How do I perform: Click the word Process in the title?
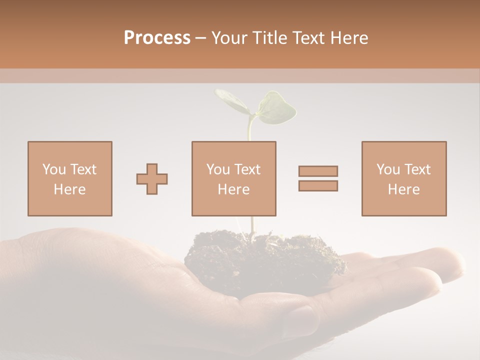click(x=157, y=38)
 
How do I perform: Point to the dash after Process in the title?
click(x=200, y=38)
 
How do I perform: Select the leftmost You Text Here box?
click(x=70, y=178)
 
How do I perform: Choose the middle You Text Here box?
click(x=233, y=178)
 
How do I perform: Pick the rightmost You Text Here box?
click(x=403, y=178)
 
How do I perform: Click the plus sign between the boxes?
click(x=152, y=178)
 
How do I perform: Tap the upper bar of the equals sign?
click(x=318, y=171)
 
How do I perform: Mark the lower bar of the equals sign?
click(x=318, y=186)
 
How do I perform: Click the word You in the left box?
click(x=53, y=169)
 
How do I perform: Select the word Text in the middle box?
click(x=247, y=169)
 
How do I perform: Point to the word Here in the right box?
click(x=403, y=189)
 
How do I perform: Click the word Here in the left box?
click(x=70, y=189)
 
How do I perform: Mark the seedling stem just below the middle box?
click(x=253, y=225)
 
